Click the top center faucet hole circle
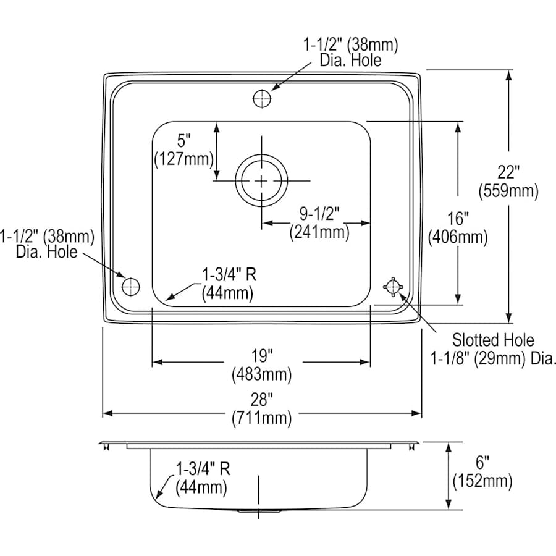(x=262, y=98)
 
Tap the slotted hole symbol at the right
(x=393, y=286)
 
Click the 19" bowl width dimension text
(x=261, y=356)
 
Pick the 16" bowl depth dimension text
(x=458, y=218)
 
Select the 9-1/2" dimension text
(x=319, y=214)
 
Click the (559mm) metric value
(x=508, y=192)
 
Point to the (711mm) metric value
(x=261, y=419)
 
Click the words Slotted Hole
(x=493, y=339)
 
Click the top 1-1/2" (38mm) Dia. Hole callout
(x=350, y=52)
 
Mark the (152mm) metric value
(x=482, y=481)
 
